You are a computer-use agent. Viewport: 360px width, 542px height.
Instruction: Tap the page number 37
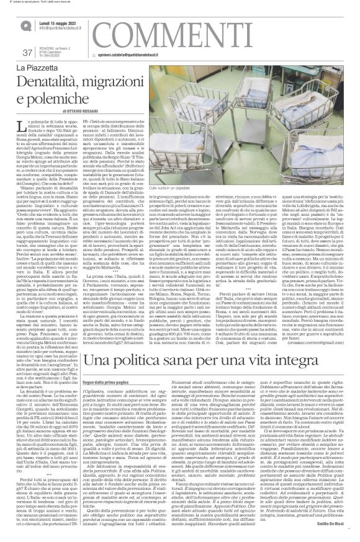click(26, 52)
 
